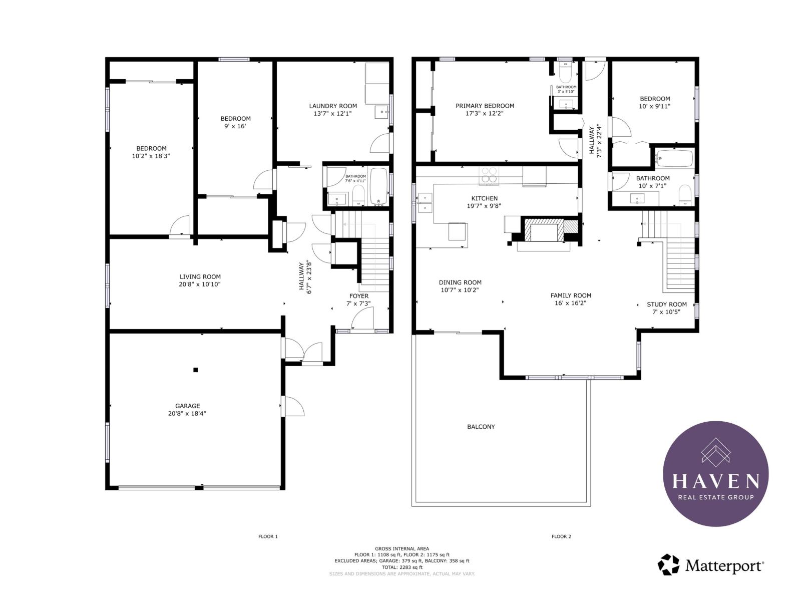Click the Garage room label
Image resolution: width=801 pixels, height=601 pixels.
[187, 406]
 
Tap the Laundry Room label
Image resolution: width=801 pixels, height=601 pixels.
[333, 106]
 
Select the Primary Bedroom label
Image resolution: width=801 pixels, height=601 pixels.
[485, 106]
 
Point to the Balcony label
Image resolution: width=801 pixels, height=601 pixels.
[481, 427]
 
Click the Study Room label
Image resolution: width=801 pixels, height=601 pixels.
[667, 305]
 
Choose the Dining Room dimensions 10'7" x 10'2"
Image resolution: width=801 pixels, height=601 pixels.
[460, 290]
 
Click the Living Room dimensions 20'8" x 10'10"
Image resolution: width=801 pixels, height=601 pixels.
[200, 284]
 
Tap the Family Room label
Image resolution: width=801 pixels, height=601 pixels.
[571, 295]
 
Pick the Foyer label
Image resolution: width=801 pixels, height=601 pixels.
[359, 296]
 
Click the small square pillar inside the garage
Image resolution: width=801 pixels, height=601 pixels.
[196, 370]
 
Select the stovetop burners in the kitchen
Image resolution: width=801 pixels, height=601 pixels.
[489, 174]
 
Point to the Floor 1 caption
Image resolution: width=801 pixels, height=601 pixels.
[268, 536]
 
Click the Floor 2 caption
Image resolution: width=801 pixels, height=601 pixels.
[561, 536]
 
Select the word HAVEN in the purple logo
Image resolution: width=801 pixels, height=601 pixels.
[715, 481]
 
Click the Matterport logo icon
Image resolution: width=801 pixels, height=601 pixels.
[668, 564]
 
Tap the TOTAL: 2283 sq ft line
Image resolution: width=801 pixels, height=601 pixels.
[402, 567]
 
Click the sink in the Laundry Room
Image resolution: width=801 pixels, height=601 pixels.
[381, 112]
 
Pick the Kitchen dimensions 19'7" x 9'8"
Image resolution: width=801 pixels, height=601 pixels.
[484, 206]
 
